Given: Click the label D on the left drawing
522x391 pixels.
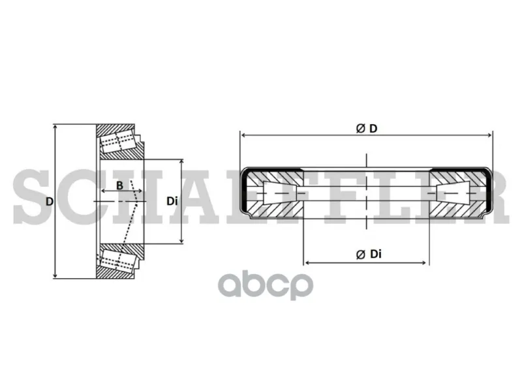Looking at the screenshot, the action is pyautogui.click(x=50, y=202).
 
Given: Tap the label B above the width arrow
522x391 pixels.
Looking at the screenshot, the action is pyautogui.click(x=120, y=185).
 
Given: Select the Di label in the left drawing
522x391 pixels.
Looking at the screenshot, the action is pyautogui.click(x=172, y=201).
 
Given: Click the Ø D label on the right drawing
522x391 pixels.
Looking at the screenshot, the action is pyautogui.click(x=367, y=129).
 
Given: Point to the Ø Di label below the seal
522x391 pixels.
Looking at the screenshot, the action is pyautogui.click(x=369, y=255).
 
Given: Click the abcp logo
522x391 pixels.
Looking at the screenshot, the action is pyautogui.click(x=266, y=286).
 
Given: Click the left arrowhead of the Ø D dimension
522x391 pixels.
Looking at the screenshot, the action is pyautogui.click(x=243, y=135).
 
